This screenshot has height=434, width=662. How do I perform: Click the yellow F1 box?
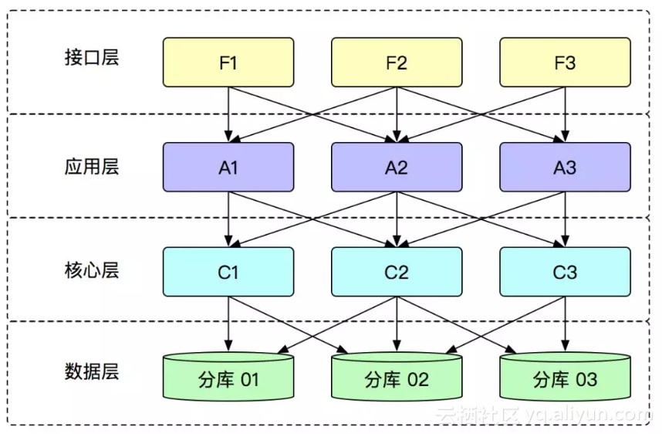pyautogui.click(x=228, y=63)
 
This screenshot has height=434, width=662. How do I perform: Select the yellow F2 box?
pyautogui.click(x=397, y=63)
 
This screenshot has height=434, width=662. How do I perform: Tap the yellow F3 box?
pyautogui.click(x=565, y=63)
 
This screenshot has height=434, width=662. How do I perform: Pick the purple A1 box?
pyautogui.click(x=228, y=167)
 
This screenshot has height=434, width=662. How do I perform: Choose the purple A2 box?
pyautogui.click(x=397, y=167)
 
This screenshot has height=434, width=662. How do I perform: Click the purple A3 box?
pyautogui.click(x=565, y=167)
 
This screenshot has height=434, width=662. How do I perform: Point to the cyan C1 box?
pyautogui.click(x=228, y=272)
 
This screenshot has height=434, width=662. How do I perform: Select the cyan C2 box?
pyautogui.click(x=397, y=272)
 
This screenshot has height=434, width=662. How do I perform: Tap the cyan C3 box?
pyautogui.click(x=565, y=272)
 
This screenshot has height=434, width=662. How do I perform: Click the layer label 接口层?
pyautogui.click(x=92, y=58)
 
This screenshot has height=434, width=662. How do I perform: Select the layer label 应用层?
pyautogui.click(x=92, y=167)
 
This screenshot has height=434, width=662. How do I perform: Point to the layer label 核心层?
pyautogui.click(x=92, y=271)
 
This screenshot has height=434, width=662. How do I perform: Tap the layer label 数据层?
pyautogui.click(x=92, y=372)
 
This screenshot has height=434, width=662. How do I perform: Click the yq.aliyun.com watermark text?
pyautogui.click(x=586, y=415)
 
